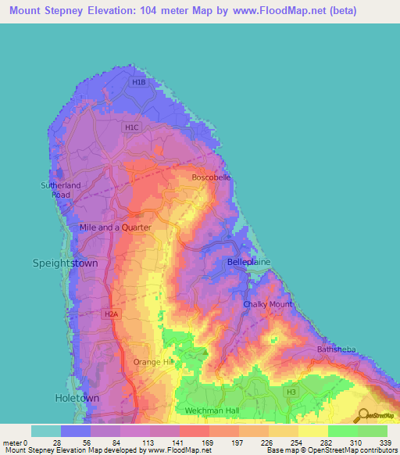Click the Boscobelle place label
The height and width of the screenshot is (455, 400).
[212, 177]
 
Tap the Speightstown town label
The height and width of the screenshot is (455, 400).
[65, 263]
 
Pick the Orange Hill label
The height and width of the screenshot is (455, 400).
[152, 362]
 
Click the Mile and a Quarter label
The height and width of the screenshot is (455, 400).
[115, 227]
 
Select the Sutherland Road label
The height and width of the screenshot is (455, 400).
[61, 189]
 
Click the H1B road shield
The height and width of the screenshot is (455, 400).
[139, 81]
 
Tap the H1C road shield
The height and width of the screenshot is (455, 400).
[131, 127]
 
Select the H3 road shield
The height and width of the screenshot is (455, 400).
[291, 391]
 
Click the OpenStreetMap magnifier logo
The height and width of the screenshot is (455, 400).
[364, 415]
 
